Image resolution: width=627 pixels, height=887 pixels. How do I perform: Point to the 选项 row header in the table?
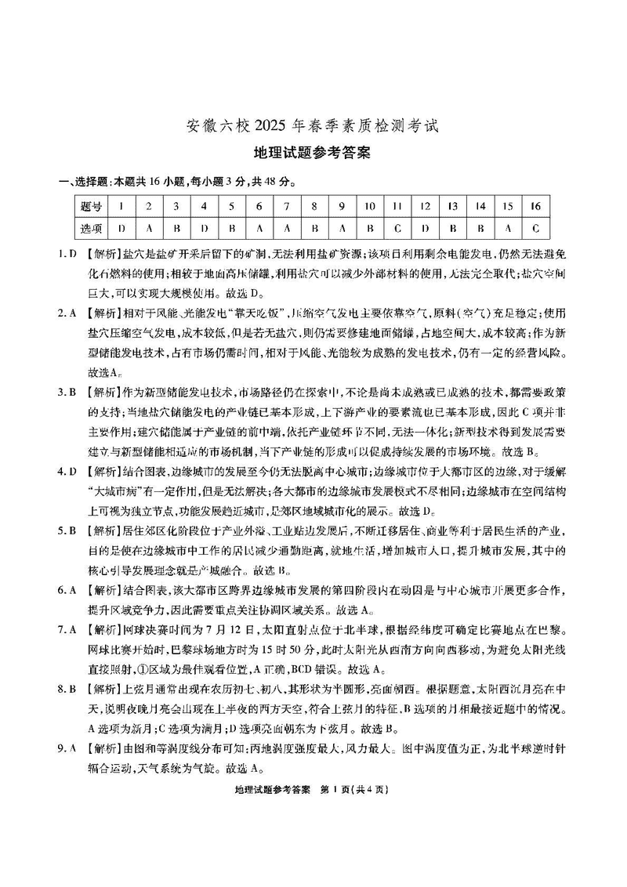91,229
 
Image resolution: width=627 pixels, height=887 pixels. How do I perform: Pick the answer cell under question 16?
535,229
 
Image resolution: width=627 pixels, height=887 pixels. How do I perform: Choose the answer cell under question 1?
121,229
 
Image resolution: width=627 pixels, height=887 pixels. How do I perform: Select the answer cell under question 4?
204,229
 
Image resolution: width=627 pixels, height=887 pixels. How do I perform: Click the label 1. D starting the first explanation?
67,255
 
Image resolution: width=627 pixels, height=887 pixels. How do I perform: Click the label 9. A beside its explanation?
67,748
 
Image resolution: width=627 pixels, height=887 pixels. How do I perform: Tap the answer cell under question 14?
480,229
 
